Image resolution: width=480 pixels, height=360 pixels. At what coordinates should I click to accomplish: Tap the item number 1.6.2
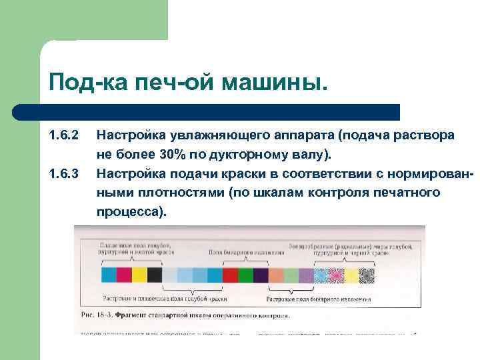(x=64, y=136)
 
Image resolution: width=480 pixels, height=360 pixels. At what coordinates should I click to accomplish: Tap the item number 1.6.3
(x=64, y=174)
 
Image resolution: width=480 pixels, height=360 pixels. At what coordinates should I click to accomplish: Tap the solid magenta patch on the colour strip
(x=123, y=275)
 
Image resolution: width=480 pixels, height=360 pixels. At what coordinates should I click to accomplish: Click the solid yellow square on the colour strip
(x=139, y=275)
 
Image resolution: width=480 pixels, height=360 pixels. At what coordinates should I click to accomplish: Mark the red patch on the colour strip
(x=230, y=275)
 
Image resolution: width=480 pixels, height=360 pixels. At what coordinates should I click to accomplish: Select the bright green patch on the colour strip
(x=245, y=275)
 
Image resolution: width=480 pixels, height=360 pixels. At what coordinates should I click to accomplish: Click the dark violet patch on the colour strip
(x=261, y=275)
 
